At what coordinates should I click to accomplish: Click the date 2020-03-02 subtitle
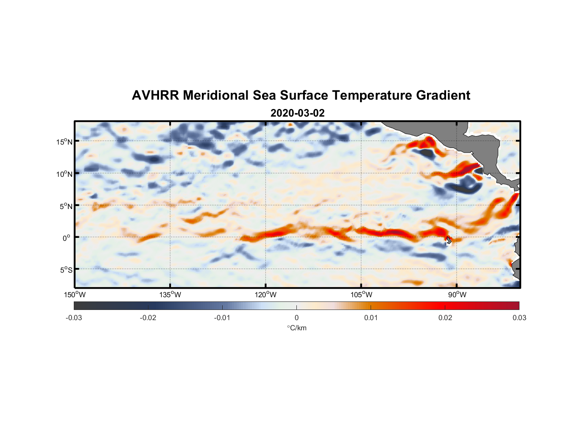[297, 113]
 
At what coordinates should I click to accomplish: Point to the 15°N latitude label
[64, 142]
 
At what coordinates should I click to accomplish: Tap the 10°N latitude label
[64, 174]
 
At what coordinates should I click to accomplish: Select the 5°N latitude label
[65, 206]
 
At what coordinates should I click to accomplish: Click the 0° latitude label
[67, 238]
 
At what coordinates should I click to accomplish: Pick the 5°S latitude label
[65, 270]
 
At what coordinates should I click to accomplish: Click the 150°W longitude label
[75, 295]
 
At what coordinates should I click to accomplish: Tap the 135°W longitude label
[170, 295]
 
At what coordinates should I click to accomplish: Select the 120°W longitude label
[265, 295]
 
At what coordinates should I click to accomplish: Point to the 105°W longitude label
[361, 295]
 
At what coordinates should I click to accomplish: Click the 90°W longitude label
[457, 295]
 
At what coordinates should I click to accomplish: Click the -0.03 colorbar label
[74, 318]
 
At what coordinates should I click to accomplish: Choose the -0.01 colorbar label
[222, 318]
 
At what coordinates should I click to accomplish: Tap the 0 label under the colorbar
[296, 318]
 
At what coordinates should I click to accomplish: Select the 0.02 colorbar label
[445, 318]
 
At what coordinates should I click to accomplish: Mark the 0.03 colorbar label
[519, 318]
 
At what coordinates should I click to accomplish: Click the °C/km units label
[297, 328]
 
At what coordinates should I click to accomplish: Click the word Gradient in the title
[443, 95]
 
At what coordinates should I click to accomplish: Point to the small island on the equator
[449, 240]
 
